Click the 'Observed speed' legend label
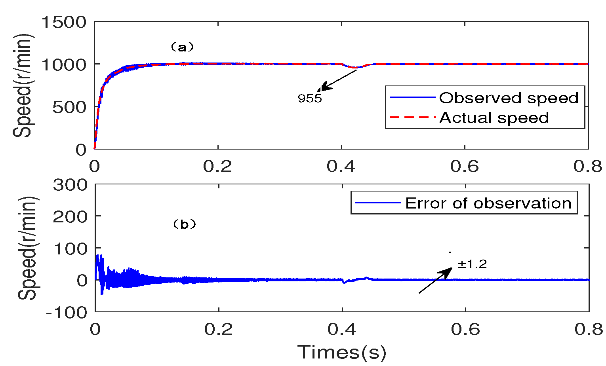tap(509, 98)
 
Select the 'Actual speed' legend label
tap(494, 118)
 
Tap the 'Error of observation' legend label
tap(488, 203)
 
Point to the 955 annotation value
tap(310, 98)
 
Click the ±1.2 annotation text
tap(472, 264)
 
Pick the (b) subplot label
tap(185, 224)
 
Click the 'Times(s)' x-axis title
tap(341, 352)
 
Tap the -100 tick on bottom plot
tap(67, 312)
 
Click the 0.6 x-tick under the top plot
tap(464, 167)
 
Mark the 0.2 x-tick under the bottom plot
tap(217, 329)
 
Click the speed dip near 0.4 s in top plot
tap(356, 67)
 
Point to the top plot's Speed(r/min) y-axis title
tap(23, 85)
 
